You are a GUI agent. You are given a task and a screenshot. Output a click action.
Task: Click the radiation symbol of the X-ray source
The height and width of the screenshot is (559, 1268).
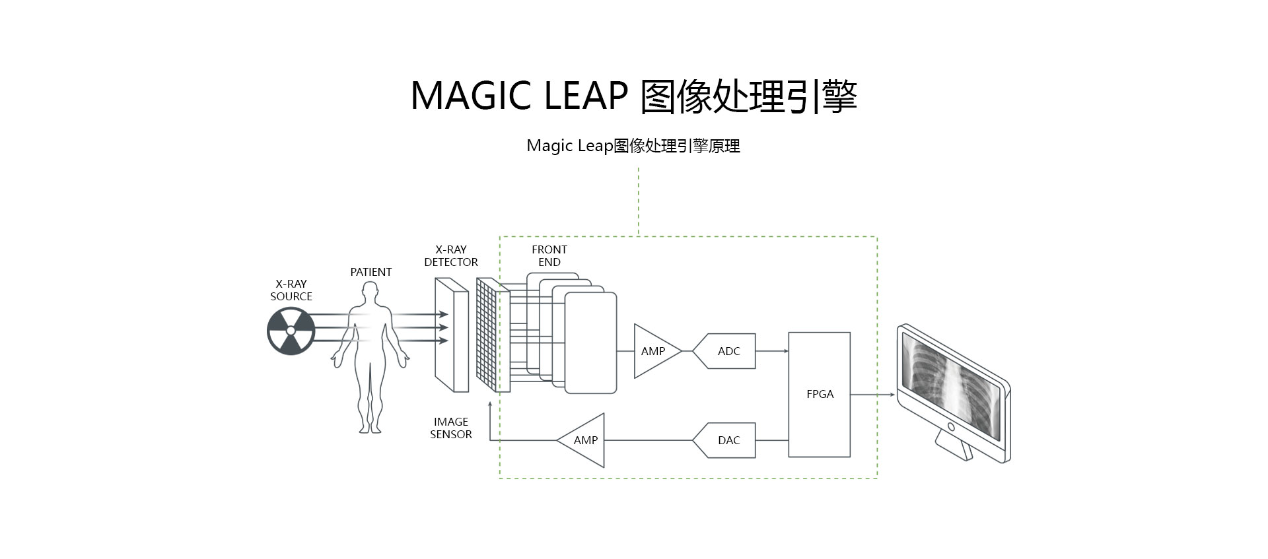click(291, 331)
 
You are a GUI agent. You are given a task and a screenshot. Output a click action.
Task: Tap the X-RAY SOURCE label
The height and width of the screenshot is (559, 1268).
click(291, 290)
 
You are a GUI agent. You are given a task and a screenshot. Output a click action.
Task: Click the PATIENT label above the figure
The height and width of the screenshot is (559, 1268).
click(370, 272)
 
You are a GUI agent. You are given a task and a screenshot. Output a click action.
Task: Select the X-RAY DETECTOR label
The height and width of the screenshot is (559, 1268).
click(451, 256)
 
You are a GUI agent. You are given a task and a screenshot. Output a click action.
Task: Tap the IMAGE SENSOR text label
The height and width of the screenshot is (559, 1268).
click(451, 428)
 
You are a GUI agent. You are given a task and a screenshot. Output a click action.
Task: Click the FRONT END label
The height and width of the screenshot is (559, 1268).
click(549, 256)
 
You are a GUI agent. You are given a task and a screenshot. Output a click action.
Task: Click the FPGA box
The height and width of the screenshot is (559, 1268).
click(820, 394)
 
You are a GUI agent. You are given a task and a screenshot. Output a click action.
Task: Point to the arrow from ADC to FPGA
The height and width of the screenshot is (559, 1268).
click(772, 351)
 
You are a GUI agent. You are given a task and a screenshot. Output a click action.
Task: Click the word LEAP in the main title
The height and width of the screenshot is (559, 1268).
click(585, 96)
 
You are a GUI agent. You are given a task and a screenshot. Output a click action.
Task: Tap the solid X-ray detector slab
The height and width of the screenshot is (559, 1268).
click(452, 335)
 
